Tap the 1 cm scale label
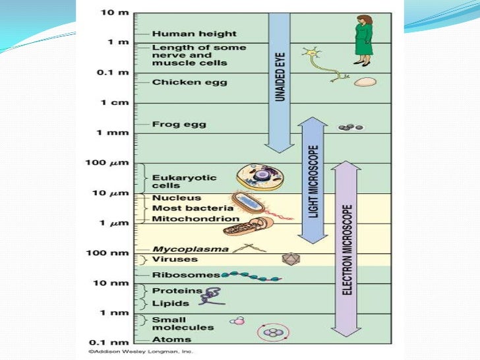pyautogui.click(x=113, y=103)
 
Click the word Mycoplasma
pyautogui.click(x=181, y=249)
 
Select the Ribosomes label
pyautogui.click(x=177, y=275)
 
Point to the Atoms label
pyautogui.click(x=171, y=340)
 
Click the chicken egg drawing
pyautogui.click(x=365, y=82)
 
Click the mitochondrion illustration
pyautogui.click(x=245, y=226)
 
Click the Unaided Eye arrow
pyautogui.click(x=280, y=79)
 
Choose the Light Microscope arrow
pyautogui.click(x=313, y=180)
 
